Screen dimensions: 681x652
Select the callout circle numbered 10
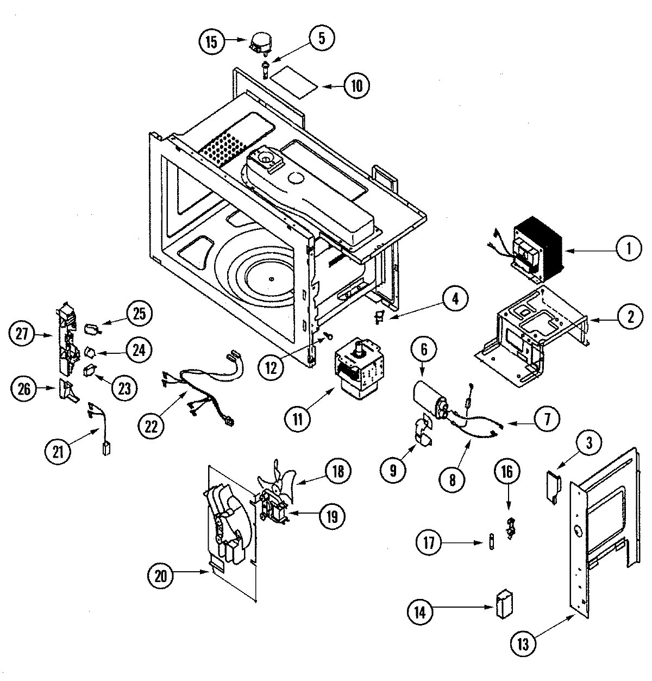coord(356,85)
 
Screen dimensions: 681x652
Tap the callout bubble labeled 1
coord(628,249)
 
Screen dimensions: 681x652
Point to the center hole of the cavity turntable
coord(271,279)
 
